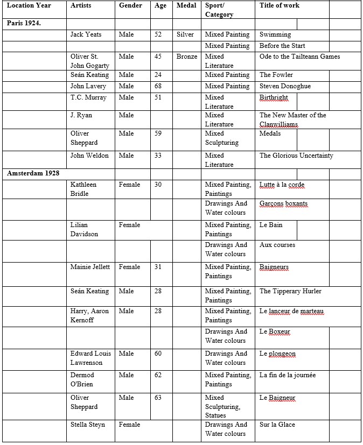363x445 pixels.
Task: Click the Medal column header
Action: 186,5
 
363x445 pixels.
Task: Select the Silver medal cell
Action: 185,34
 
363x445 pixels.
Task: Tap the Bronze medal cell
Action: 186,56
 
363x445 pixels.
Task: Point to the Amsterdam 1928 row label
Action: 33,173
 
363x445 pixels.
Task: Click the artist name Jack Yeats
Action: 86,34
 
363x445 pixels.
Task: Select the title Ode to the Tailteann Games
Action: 299,56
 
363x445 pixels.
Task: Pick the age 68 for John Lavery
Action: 158,86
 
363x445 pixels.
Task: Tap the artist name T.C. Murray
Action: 88,97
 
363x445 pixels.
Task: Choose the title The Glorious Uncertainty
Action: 296,156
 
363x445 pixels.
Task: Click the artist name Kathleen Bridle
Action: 83,189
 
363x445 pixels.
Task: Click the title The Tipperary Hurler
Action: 290,291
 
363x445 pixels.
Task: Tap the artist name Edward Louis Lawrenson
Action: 90,358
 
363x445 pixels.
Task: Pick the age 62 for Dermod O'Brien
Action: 158,375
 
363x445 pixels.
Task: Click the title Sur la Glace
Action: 277,425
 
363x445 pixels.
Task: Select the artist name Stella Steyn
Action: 88,425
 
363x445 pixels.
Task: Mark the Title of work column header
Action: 279,5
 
